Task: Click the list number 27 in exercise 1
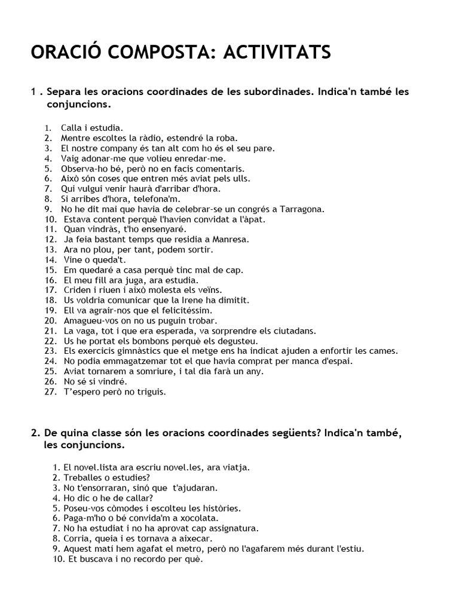pos(50,391)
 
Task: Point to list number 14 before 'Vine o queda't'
pos(50,260)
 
